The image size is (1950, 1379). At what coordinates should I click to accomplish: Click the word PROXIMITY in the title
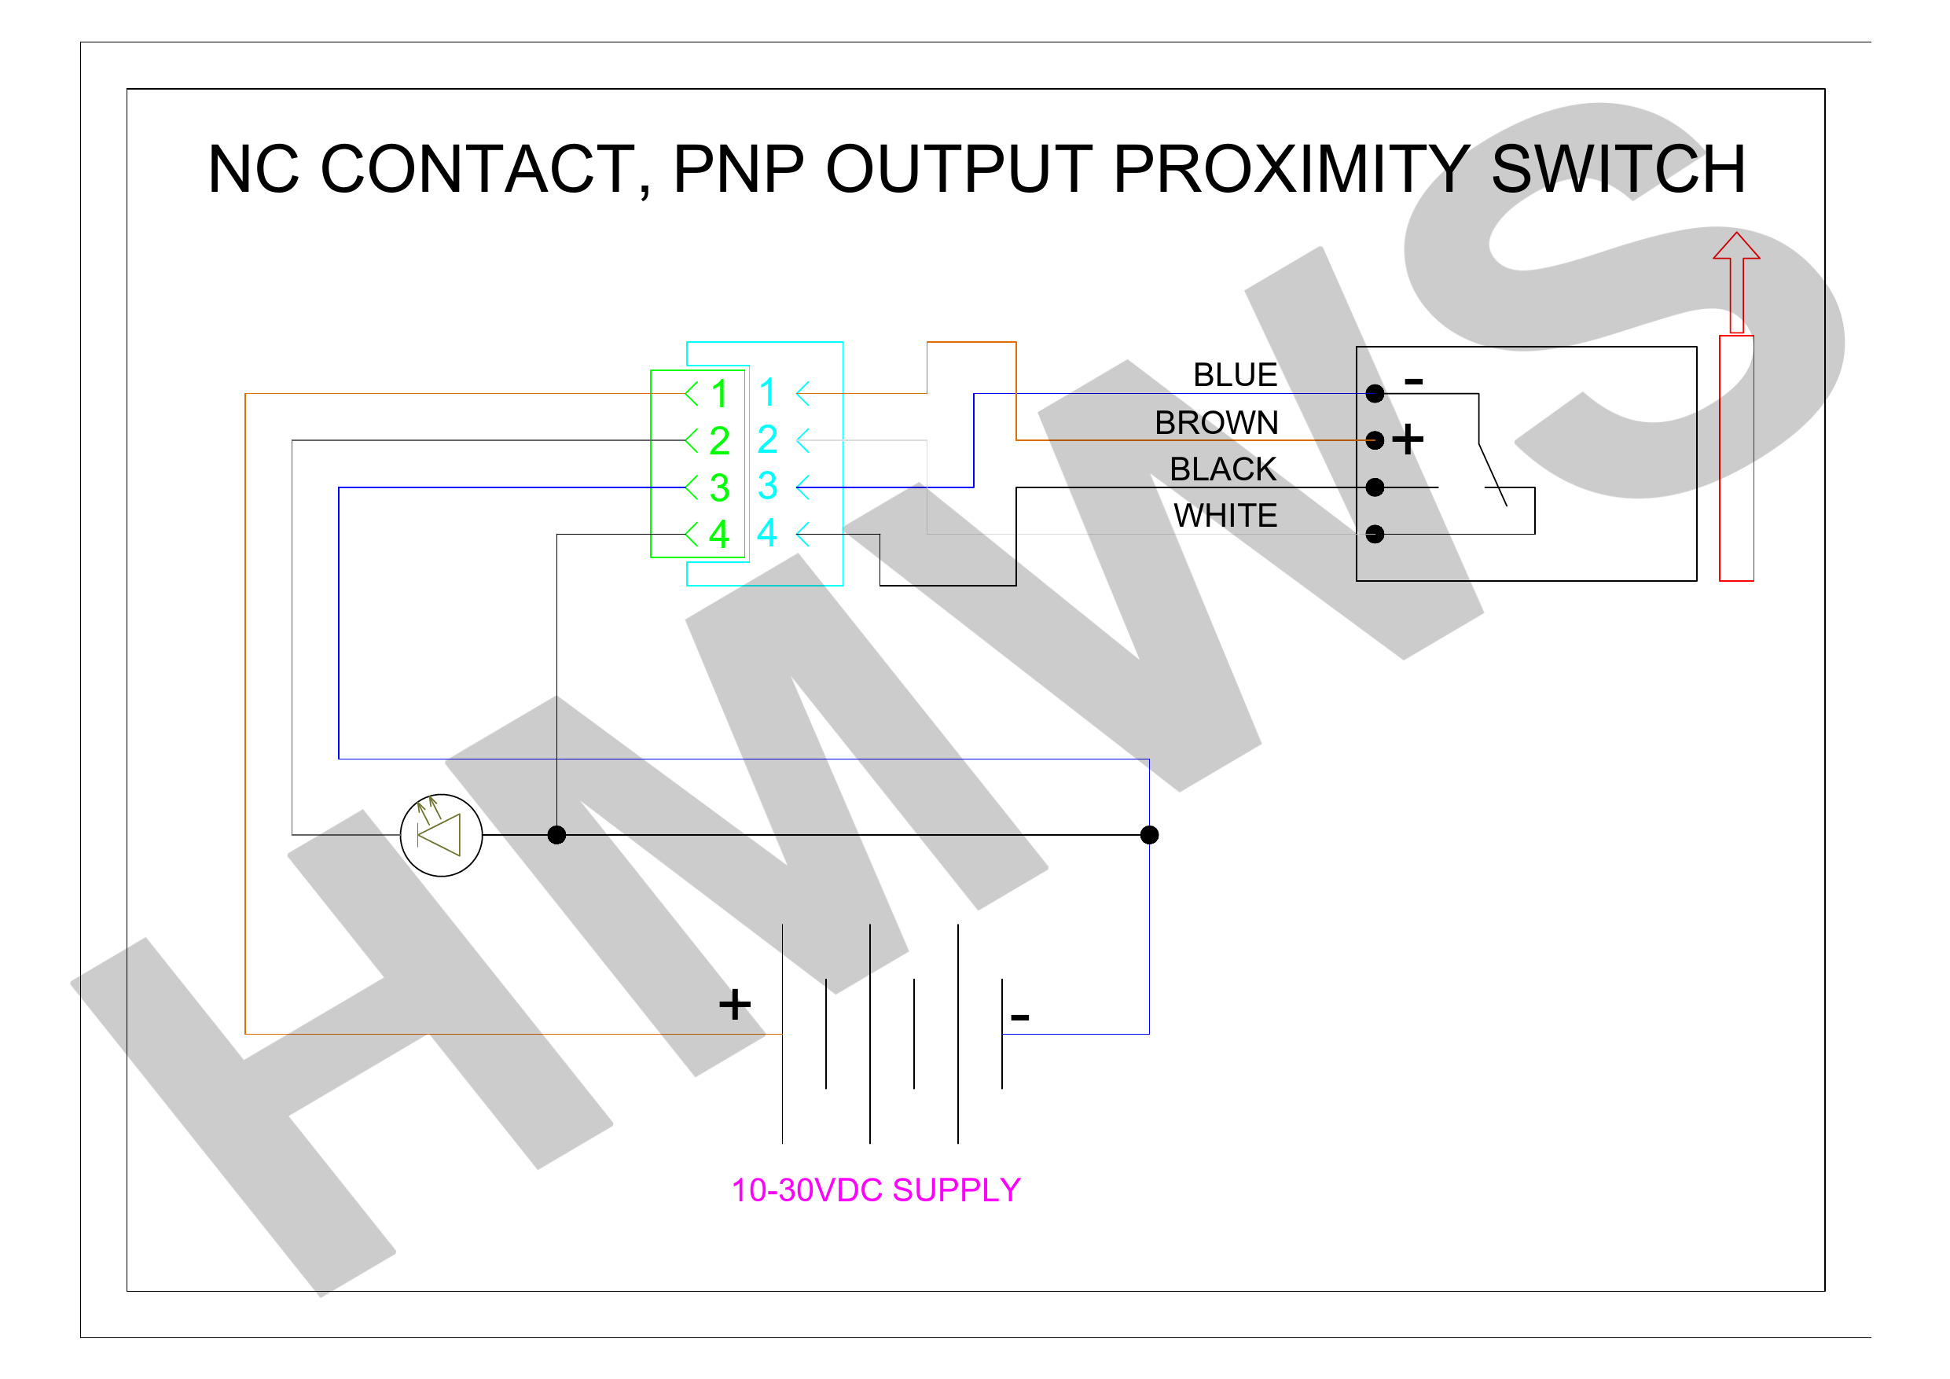pyautogui.click(x=1291, y=168)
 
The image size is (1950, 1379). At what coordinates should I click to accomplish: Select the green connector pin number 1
pyautogui.click(x=719, y=393)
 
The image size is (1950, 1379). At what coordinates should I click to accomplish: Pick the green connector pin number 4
pyautogui.click(x=719, y=534)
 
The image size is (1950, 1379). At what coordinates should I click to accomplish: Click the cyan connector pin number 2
pyautogui.click(x=767, y=439)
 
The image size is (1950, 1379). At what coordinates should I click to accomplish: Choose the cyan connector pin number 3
pyautogui.click(x=767, y=486)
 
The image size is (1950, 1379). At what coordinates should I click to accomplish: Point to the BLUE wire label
pyautogui.click(x=1235, y=375)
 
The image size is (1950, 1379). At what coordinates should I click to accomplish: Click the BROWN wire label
pyautogui.click(x=1216, y=422)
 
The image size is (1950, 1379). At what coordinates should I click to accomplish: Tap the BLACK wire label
pyautogui.click(x=1223, y=469)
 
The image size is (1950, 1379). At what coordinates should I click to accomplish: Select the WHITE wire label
pyautogui.click(x=1225, y=516)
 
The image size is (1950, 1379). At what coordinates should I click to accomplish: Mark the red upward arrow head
pyautogui.click(x=1736, y=245)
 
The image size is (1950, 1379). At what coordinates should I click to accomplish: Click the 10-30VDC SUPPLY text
pyautogui.click(x=876, y=1190)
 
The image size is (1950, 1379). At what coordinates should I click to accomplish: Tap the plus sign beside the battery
pyautogui.click(x=735, y=1004)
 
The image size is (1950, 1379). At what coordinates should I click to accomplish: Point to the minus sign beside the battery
pyautogui.click(x=1020, y=1017)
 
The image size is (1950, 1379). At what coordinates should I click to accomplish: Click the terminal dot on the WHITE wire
pyautogui.click(x=1375, y=534)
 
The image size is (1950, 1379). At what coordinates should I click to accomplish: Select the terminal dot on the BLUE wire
pyautogui.click(x=1375, y=393)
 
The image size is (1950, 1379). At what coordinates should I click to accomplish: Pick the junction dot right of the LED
pyautogui.click(x=556, y=835)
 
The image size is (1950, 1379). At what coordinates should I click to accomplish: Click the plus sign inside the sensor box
pyautogui.click(x=1408, y=439)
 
